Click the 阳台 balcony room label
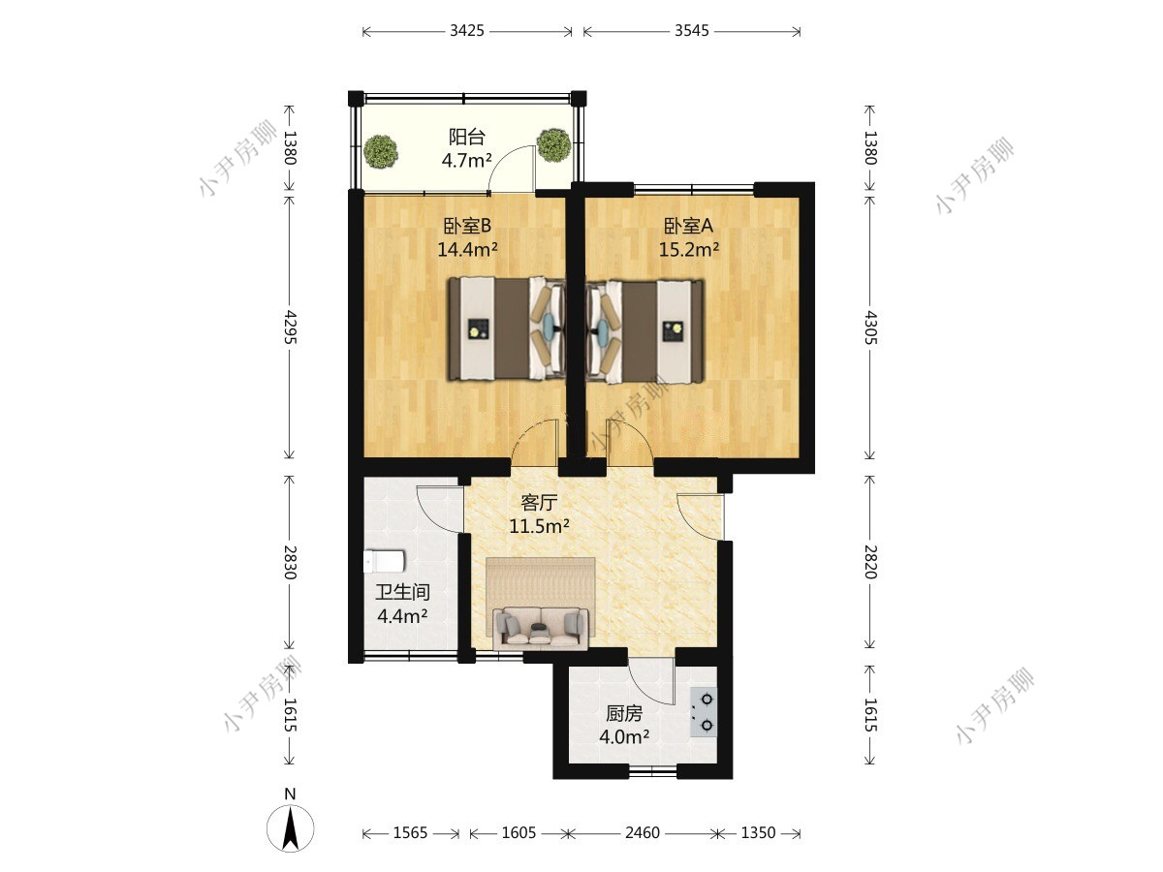point(467,138)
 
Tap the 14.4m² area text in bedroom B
point(467,249)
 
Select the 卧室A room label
point(688,226)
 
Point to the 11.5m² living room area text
point(539,526)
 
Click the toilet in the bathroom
point(384,561)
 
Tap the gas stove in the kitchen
point(704,711)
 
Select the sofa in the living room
point(541,629)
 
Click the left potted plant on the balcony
point(381,152)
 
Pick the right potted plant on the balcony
point(553,145)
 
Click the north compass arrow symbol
point(290,828)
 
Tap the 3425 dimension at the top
point(467,31)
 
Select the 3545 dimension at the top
point(691,31)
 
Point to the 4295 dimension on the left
point(290,327)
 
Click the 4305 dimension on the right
point(870,328)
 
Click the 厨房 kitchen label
point(624,714)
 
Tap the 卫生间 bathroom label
point(402,592)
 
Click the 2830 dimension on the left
point(290,562)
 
